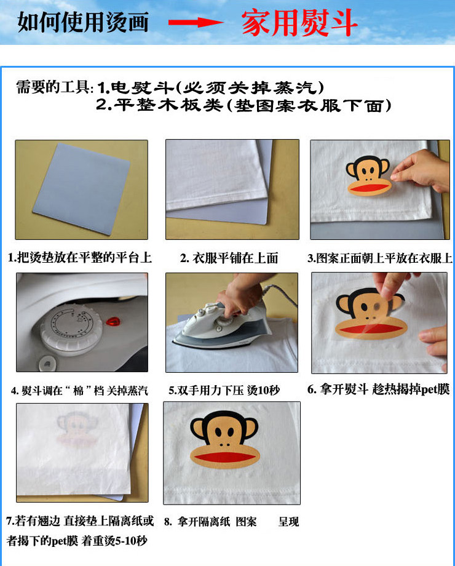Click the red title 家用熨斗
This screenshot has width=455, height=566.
[x=299, y=23]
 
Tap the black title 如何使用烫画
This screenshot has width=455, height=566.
[x=84, y=22]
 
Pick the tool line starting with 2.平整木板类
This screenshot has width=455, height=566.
[x=244, y=105]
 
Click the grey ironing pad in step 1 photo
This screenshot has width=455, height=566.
[x=82, y=188]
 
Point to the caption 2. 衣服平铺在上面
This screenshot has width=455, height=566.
[x=229, y=258]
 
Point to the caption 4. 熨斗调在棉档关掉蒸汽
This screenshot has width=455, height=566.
[x=80, y=391]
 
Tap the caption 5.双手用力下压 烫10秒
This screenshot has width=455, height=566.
[x=224, y=390]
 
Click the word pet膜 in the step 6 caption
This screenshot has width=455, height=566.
[x=435, y=389]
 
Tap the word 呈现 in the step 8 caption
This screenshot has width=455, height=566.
[x=288, y=522]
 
